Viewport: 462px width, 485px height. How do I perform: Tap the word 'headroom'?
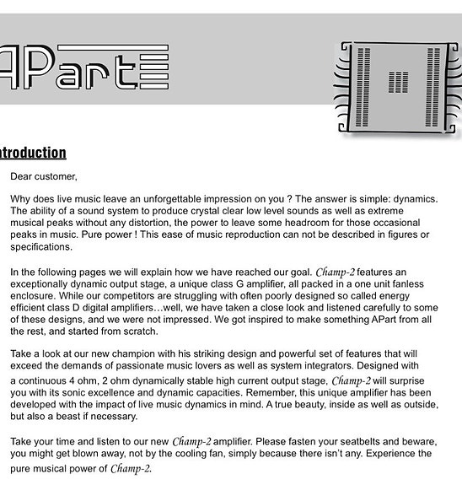304,223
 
